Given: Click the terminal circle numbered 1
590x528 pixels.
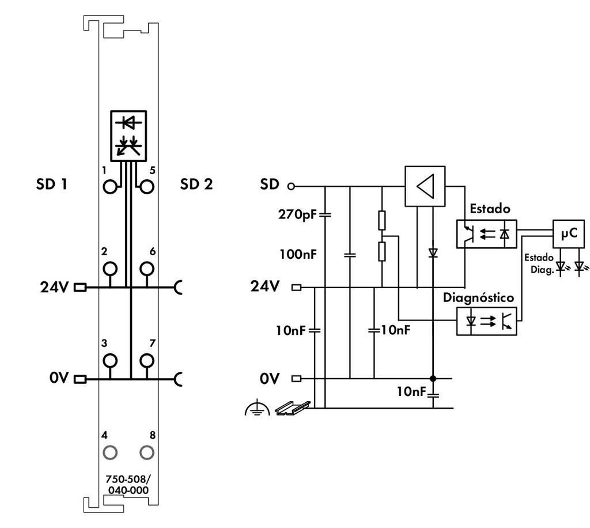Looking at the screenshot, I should tap(110, 186).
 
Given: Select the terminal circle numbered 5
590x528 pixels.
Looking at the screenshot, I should tap(147, 186).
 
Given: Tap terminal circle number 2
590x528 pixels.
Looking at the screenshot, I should tap(110, 269).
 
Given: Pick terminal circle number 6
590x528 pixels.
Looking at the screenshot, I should tap(147, 269).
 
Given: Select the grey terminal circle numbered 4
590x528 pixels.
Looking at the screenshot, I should tap(110, 451).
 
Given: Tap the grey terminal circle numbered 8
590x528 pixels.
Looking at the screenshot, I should tap(147, 451).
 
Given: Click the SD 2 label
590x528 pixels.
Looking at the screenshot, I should tap(196, 185).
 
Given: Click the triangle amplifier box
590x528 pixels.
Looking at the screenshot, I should tap(425, 186).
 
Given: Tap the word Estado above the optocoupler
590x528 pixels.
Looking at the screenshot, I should tap(490, 208).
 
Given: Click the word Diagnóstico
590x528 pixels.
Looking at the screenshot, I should tap(478, 297).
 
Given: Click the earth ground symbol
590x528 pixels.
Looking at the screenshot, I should tap(256, 408).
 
